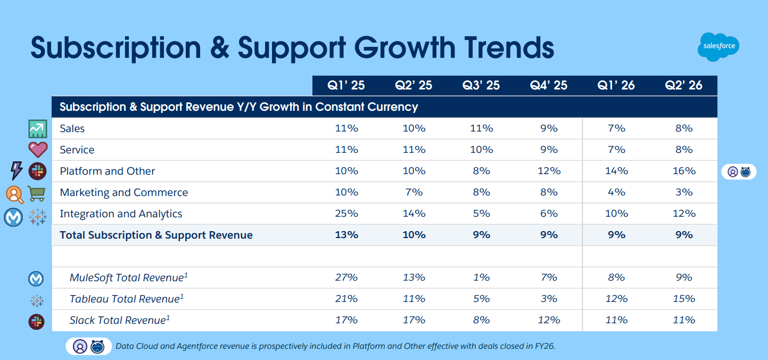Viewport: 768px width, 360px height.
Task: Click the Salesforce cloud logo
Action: (x=719, y=46)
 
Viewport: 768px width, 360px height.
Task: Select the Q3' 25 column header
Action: (x=481, y=85)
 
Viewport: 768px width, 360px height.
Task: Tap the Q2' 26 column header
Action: (x=683, y=85)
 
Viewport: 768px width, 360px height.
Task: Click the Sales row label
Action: (x=72, y=128)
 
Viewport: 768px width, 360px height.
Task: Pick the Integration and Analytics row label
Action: (x=121, y=214)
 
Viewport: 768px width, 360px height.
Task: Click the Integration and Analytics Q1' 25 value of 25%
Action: (x=346, y=214)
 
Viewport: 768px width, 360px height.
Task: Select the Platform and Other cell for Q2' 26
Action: (x=683, y=171)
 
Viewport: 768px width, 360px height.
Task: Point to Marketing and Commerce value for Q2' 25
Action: (x=414, y=192)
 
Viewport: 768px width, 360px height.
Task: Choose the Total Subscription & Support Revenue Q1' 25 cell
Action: (x=346, y=235)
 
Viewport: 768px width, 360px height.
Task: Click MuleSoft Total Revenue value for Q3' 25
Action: (x=481, y=277)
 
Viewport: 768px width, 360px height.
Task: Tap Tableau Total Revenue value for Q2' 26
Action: (x=683, y=299)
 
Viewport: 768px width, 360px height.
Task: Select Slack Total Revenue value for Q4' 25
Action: (x=549, y=320)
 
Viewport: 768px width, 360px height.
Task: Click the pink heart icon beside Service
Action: (x=38, y=150)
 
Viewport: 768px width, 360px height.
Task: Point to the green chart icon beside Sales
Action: (x=38, y=128)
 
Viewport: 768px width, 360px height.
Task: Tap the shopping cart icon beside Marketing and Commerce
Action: (x=37, y=193)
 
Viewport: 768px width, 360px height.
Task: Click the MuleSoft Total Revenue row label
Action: (x=129, y=277)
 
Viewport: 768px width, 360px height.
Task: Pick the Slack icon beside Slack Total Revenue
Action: (x=37, y=321)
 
